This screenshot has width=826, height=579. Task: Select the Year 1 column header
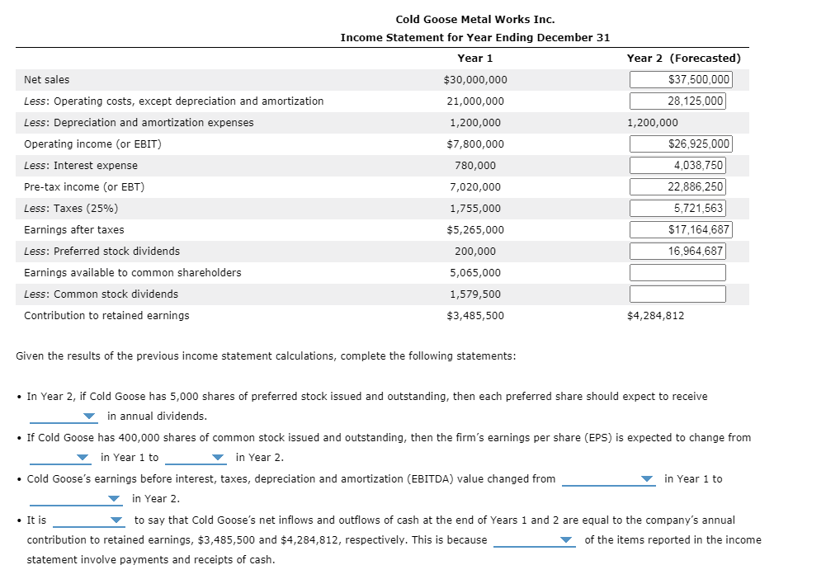(474, 58)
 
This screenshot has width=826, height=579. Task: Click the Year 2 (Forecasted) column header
(683, 58)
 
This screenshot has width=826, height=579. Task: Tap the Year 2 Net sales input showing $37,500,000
(679, 80)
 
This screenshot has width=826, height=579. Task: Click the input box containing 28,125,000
(677, 101)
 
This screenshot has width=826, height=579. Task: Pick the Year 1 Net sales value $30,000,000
(474, 80)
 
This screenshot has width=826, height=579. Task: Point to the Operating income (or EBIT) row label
(92, 144)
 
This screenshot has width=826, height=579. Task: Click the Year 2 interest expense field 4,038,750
(677, 166)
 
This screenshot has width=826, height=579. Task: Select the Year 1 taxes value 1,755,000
(474, 209)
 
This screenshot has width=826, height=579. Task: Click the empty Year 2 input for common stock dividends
(677, 294)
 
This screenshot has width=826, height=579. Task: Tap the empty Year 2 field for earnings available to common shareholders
(677, 273)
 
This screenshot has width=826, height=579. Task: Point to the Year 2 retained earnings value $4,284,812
(655, 316)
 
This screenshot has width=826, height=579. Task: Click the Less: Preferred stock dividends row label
(101, 252)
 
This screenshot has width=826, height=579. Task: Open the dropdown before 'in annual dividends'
(65, 416)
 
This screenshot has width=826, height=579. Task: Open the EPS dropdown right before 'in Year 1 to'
(61, 458)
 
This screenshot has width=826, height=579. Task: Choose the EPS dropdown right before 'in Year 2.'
(196, 458)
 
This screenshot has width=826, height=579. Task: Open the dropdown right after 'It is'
(89, 520)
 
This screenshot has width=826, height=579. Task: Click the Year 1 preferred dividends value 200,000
(474, 252)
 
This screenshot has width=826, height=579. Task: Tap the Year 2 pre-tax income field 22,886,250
(677, 187)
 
